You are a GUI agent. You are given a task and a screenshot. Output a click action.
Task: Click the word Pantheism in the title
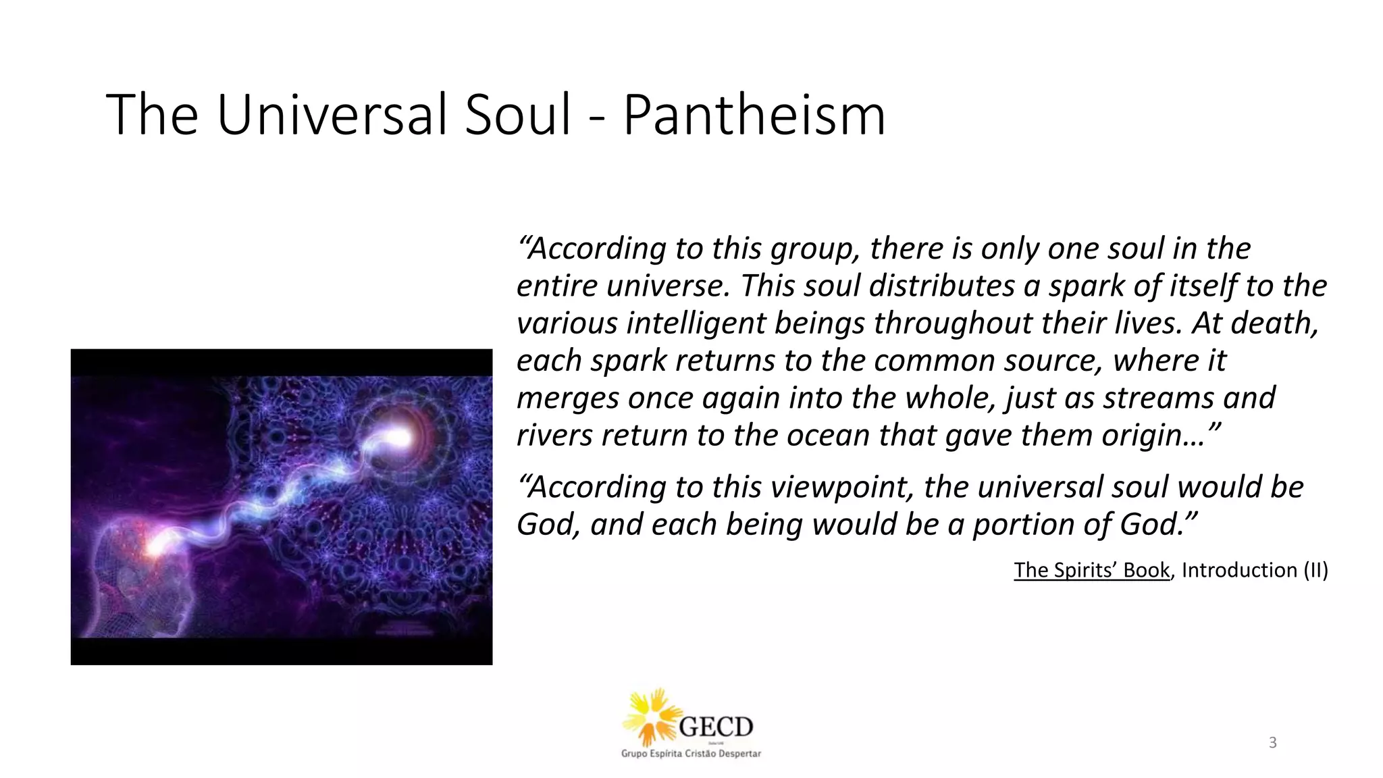tap(754, 115)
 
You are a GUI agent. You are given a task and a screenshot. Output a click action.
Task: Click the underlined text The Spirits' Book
tap(1091, 570)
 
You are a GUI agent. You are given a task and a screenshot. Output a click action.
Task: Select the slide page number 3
tap(1273, 743)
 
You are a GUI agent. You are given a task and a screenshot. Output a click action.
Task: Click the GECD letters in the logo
tap(716, 727)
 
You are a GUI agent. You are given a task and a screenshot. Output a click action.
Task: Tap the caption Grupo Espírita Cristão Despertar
tap(691, 754)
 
